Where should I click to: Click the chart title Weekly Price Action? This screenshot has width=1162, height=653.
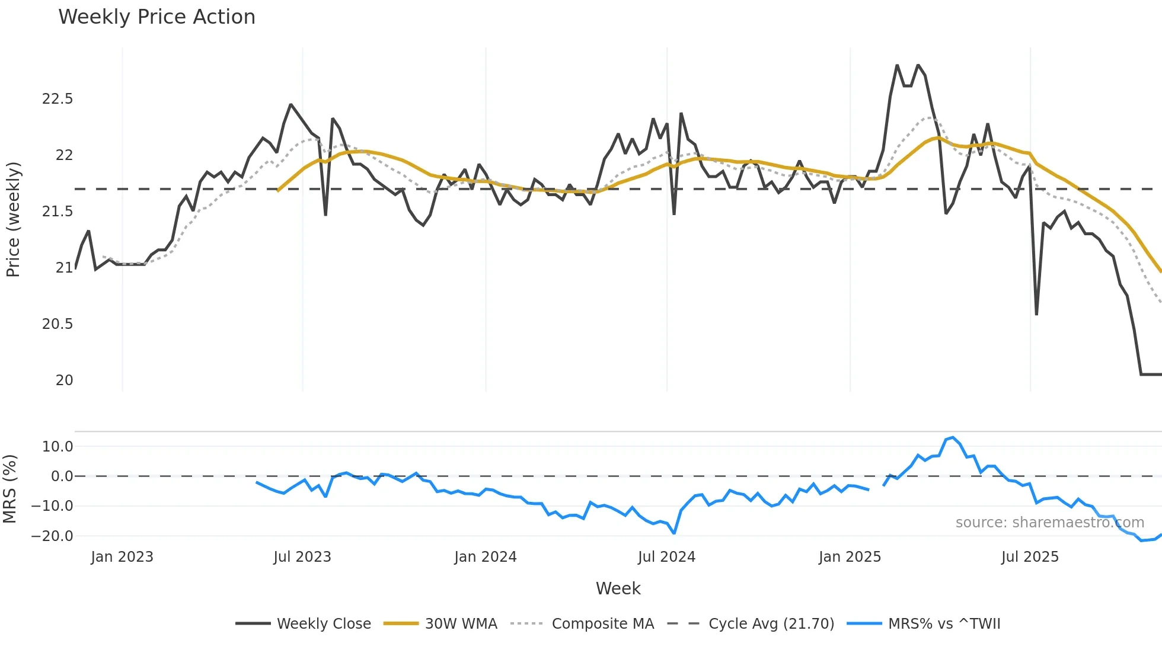(x=157, y=17)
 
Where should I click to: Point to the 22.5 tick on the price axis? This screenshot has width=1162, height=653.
(x=58, y=99)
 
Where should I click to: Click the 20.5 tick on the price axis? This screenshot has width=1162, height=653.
(x=58, y=324)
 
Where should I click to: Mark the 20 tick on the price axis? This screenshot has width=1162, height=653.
(x=64, y=380)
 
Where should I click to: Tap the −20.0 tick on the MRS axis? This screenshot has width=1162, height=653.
(x=52, y=536)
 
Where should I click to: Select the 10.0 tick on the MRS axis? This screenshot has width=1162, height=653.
(x=58, y=447)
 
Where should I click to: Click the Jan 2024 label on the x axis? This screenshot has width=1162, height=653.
(x=486, y=557)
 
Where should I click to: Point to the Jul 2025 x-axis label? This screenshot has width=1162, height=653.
(x=1030, y=557)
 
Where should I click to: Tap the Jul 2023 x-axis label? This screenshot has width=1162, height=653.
(x=302, y=557)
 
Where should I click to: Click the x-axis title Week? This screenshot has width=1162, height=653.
(x=618, y=588)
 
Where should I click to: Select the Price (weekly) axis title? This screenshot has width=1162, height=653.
(x=13, y=219)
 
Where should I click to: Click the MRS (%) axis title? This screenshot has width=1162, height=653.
(x=9, y=489)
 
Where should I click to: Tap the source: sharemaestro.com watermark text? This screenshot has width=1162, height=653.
(x=1049, y=523)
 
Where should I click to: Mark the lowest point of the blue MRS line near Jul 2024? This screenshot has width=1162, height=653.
(x=674, y=533)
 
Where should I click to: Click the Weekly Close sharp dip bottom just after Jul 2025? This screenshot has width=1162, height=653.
(x=1036, y=314)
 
